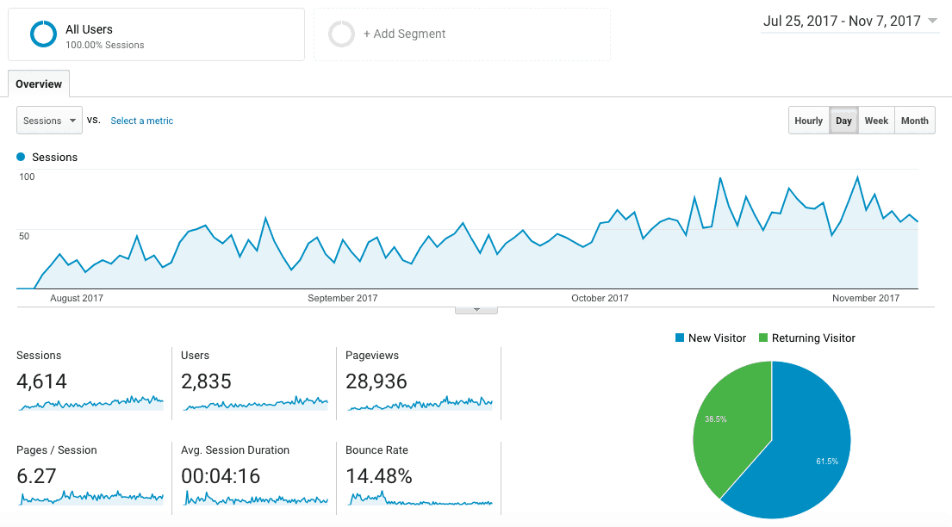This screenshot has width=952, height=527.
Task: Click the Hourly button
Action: click(x=808, y=121)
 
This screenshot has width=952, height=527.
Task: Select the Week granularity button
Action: click(x=876, y=121)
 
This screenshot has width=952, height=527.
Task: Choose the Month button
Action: click(x=914, y=121)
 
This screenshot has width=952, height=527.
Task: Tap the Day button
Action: click(x=843, y=121)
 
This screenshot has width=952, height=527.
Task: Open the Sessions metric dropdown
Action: click(x=49, y=121)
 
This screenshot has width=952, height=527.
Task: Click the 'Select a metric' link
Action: click(x=142, y=121)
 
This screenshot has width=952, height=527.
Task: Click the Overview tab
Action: click(x=39, y=84)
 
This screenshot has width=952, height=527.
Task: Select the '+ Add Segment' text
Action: click(x=404, y=34)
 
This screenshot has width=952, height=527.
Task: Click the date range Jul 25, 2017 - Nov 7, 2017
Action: click(x=842, y=22)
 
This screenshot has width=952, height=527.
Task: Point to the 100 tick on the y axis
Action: click(x=27, y=177)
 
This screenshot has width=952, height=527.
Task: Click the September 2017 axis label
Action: click(x=343, y=299)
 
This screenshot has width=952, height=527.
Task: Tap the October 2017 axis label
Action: click(x=600, y=299)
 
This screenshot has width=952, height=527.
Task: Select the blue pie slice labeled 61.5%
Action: click(x=810, y=448)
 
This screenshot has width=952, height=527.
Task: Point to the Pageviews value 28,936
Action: click(x=376, y=381)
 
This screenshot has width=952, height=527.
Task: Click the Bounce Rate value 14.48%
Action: click(x=379, y=476)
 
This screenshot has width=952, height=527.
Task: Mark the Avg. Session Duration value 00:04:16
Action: click(x=221, y=476)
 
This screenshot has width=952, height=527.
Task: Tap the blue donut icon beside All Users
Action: click(x=43, y=34)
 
